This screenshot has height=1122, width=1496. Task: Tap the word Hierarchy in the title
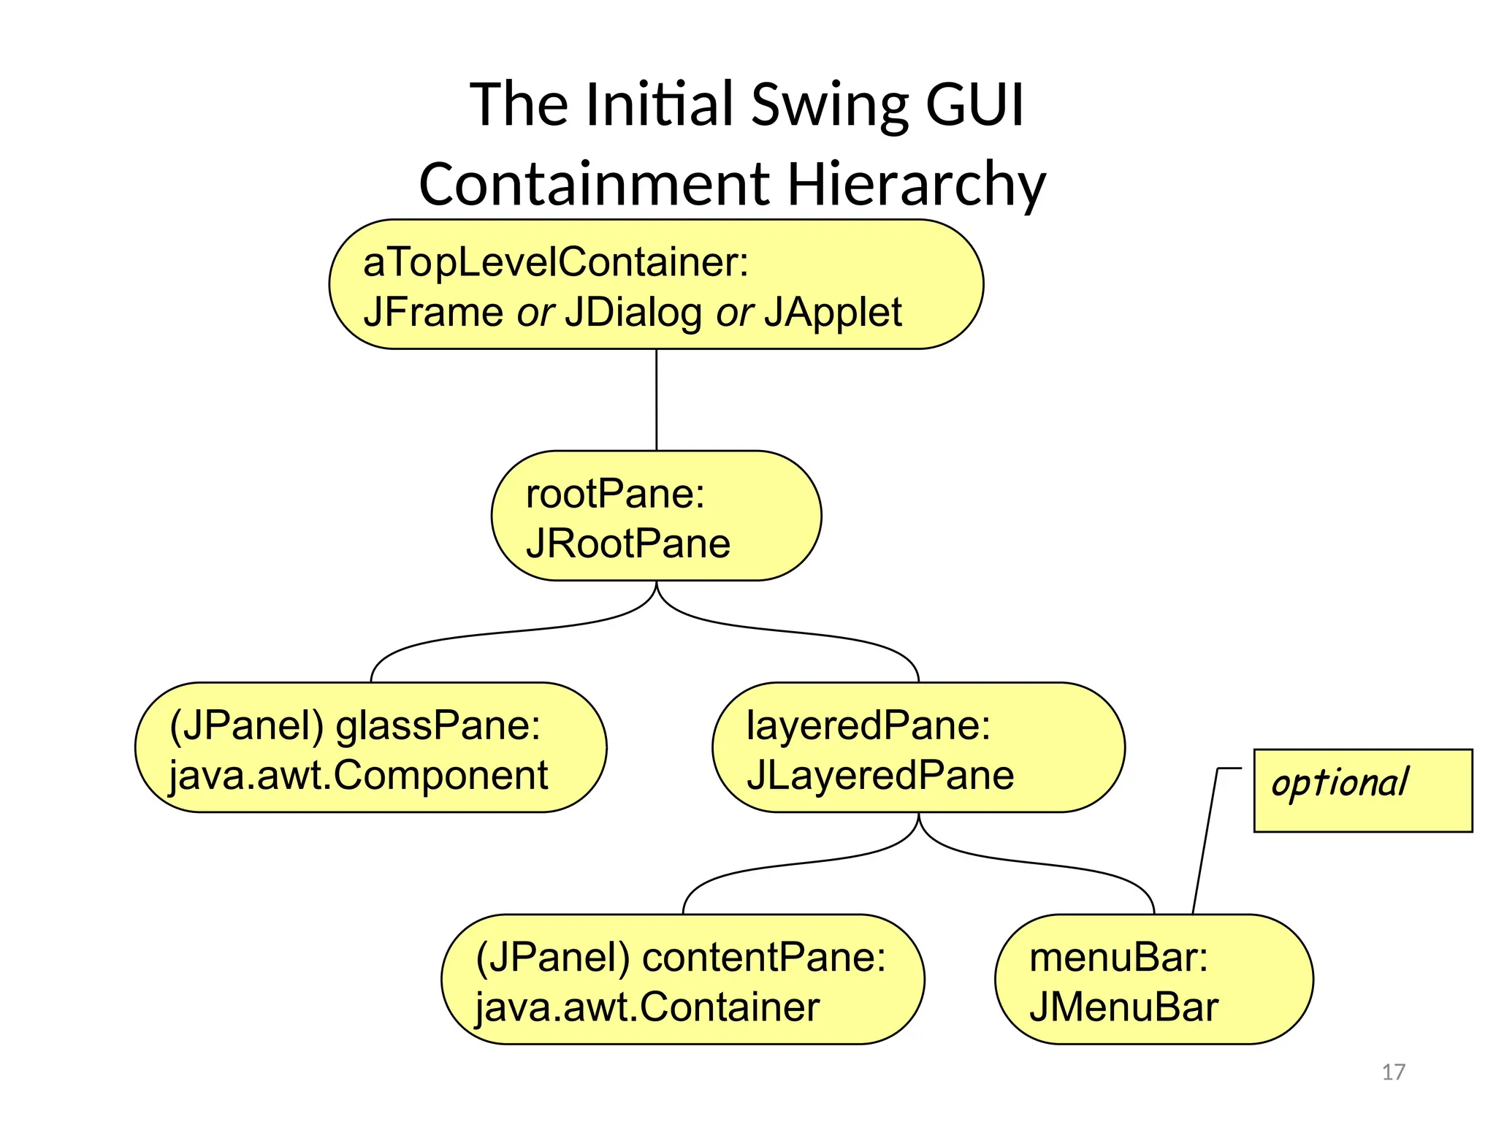click(916, 184)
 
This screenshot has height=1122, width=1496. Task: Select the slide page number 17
click(1393, 1072)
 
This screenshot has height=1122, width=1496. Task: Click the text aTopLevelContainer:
click(556, 262)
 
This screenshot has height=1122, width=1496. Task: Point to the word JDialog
click(633, 313)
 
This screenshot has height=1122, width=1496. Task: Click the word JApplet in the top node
click(833, 313)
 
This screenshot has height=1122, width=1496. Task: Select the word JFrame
click(432, 313)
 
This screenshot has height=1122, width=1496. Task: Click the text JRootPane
click(627, 543)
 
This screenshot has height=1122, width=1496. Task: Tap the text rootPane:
click(615, 494)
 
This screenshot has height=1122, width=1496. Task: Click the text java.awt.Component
click(358, 776)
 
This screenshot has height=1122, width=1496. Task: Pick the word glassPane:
click(438, 726)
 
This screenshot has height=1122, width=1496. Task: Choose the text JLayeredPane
click(879, 776)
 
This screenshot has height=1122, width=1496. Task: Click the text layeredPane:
click(868, 726)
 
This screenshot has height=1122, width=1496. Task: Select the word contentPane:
click(763, 958)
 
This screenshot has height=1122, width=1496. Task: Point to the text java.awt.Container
click(647, 1007)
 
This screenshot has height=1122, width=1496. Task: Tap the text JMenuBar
click(1123, 1007)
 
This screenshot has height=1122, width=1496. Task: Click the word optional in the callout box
click(1340, 784)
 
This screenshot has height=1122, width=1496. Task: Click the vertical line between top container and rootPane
click(656, 400)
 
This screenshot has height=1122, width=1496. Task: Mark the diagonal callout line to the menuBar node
click(1205, 840)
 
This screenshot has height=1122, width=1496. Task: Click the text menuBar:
click(1118, 958)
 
